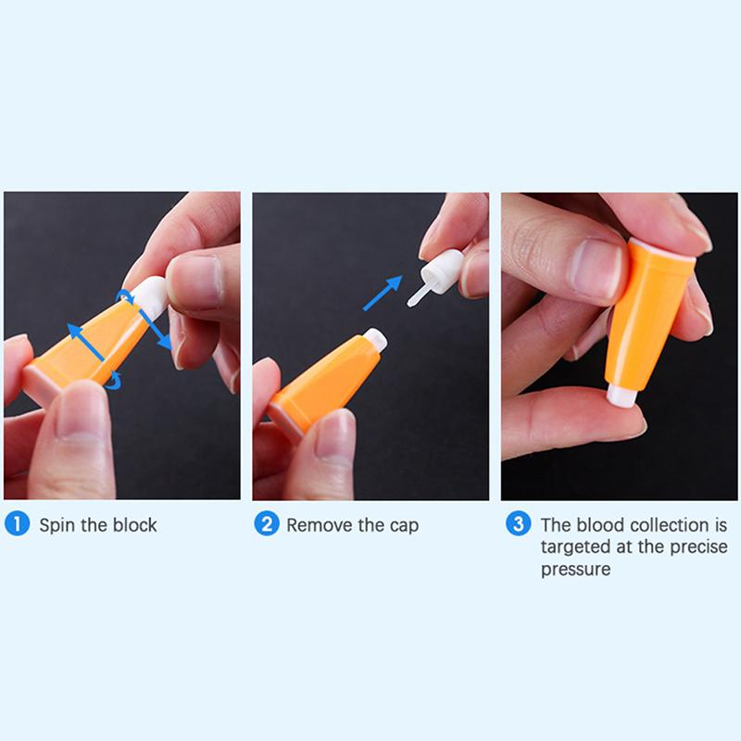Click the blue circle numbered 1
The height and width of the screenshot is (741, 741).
coord(17,525)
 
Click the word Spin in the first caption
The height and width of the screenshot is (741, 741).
coord(57,525)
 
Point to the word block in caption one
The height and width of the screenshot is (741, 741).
coord(135,525)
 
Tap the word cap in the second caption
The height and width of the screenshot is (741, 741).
coord(403,526)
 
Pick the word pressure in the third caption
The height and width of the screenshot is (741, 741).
coord(575,569)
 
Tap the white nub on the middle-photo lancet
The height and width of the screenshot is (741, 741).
coord(374,339)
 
